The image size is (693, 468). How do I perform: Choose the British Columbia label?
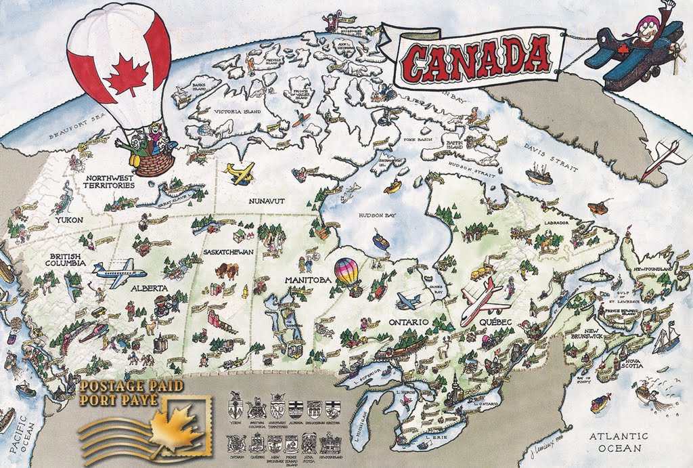66,259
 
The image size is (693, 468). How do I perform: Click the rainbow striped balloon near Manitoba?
348,275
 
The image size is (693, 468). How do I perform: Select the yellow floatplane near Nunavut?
240,173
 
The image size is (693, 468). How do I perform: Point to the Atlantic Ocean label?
619,442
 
